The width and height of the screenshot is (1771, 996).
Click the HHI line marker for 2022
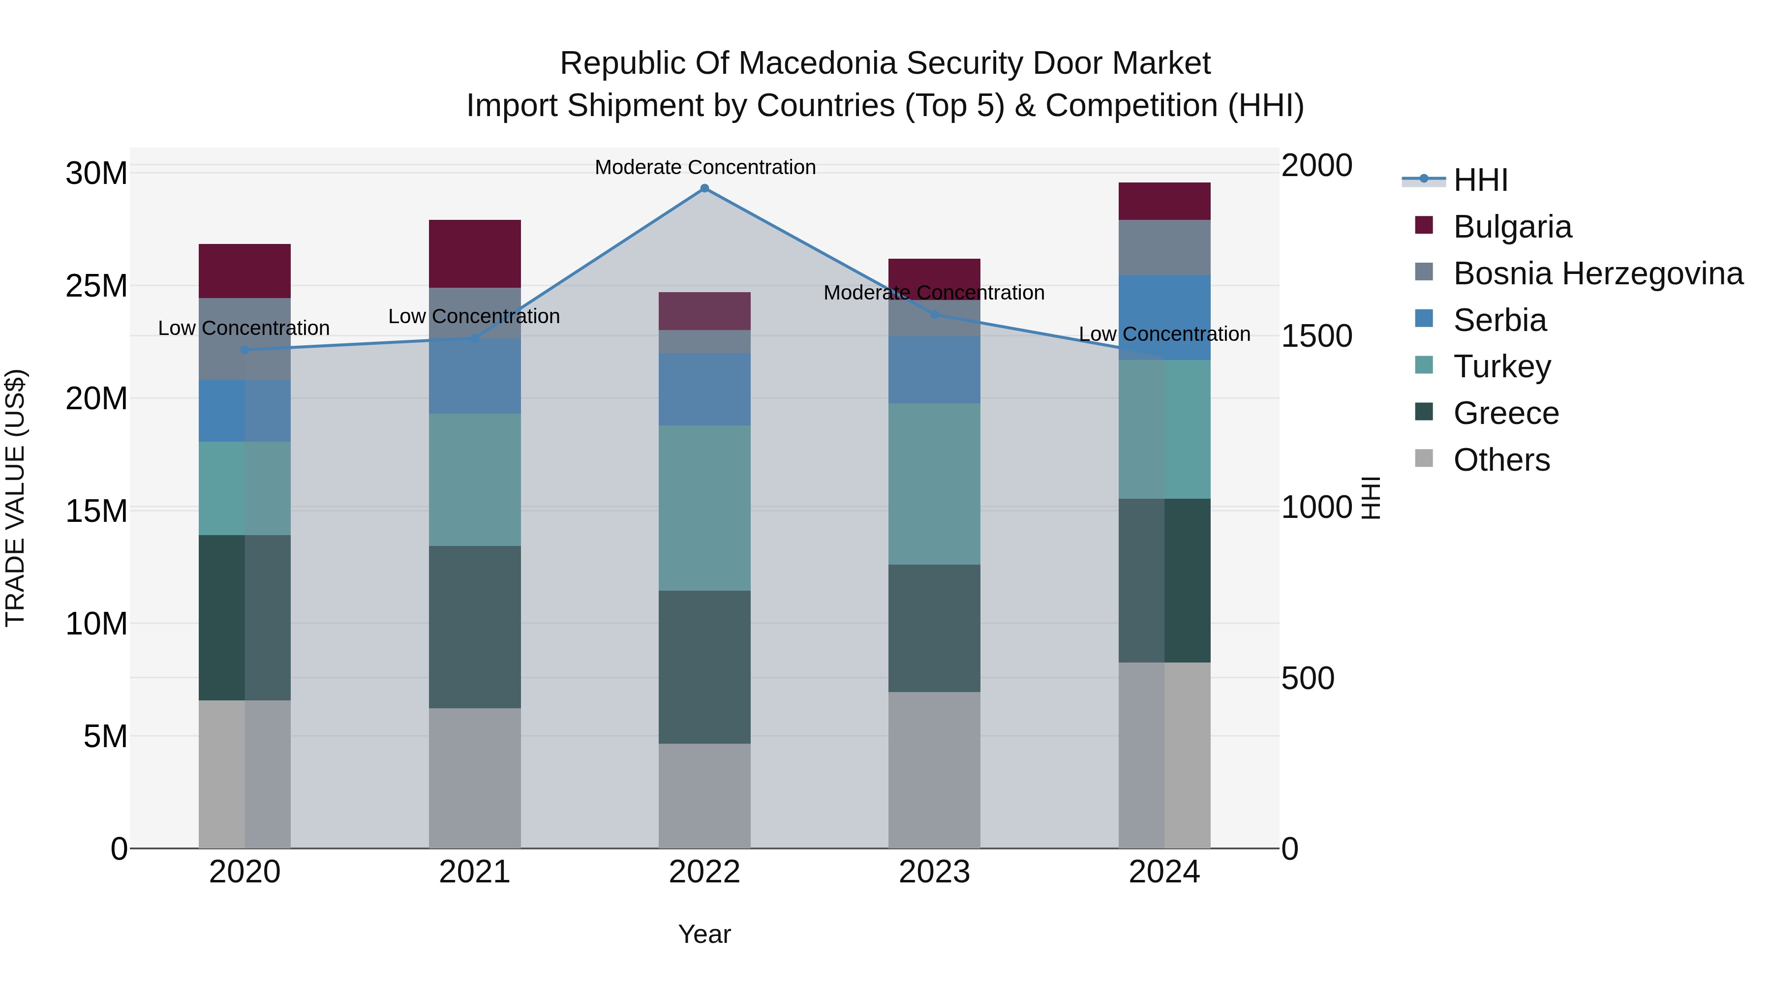(704, 188)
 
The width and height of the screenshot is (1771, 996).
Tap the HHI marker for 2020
(245, 350)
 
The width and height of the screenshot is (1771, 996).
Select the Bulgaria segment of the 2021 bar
(474, 254)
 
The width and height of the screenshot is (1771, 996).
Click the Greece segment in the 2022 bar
(704, 667)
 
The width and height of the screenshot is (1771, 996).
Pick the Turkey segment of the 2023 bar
(934, 484)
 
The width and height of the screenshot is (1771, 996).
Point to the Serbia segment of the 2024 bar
(1164, 318)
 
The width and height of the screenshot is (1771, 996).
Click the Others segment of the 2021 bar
(474, 778)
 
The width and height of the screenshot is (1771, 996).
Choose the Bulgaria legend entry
(1512, 227)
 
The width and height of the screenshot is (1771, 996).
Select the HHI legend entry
(1480, 180)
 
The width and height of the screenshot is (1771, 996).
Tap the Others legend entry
(1501, 460)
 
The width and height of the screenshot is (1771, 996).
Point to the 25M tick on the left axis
(96, 286)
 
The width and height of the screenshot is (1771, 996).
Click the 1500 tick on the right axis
(1316, 336)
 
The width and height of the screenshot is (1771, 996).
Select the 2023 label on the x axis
(934, 872)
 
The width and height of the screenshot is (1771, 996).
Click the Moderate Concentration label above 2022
(704, 167)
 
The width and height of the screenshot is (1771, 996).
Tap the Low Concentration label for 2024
(1164, 334)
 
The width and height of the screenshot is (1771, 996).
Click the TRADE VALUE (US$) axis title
(15, 498)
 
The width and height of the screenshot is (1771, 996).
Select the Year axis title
(704, 934)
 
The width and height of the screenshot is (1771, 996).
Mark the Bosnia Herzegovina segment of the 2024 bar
(1164, 247)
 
